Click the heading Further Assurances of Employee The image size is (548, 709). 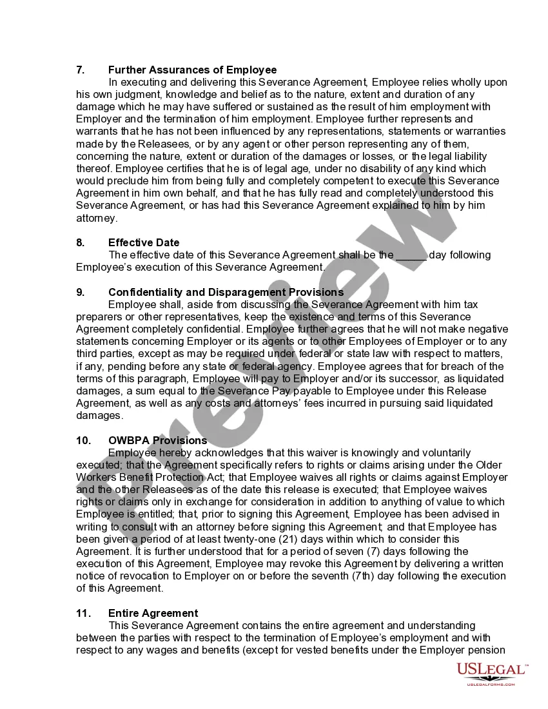click(x=192, y=70)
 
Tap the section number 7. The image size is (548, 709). click(x=80, y=70)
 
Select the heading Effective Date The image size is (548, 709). click(x=144, y=242)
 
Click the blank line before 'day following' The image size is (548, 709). click(x=411, y=255)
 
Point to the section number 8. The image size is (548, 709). click(x=80, y=242)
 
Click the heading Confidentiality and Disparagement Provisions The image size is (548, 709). click(x=226, y=292)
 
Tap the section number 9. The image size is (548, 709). click(x=80, y=292)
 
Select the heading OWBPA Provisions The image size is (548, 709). click(x=157, y=440)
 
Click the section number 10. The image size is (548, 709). click(x=83, y=440)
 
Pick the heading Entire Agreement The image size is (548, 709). click(x=153, y=613)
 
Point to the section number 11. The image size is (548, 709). click(x=83, y=613)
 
